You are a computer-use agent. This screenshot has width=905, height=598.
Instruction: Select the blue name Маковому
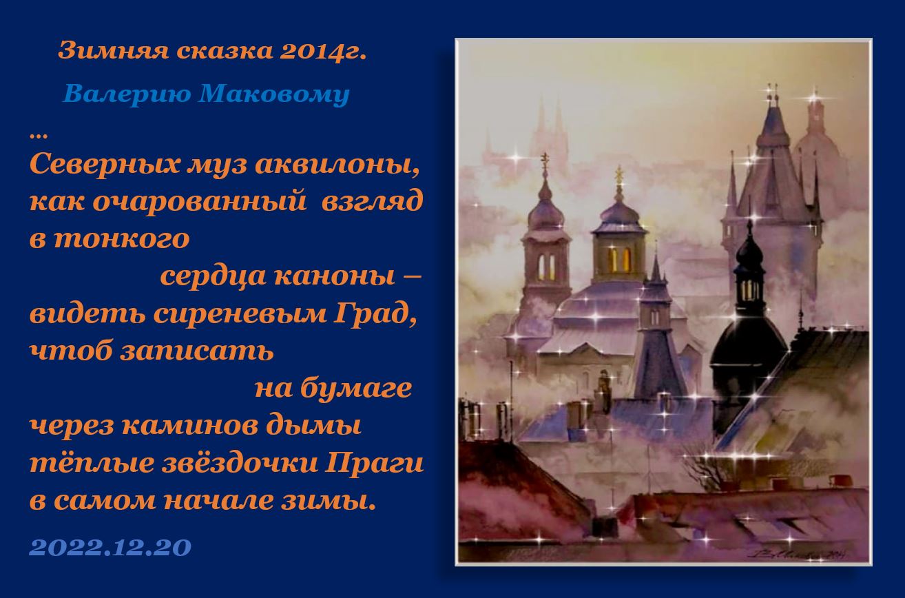point(273,94)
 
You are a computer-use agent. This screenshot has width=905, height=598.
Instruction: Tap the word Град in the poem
point(375,314)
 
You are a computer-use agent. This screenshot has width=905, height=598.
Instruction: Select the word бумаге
point(356,389)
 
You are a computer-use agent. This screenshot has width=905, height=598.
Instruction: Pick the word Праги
point(374,464)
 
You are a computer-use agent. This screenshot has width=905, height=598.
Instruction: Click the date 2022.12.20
point(110,548)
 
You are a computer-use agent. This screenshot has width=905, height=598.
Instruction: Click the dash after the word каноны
point(413,276)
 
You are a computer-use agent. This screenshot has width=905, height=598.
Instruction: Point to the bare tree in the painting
point(705,464)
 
